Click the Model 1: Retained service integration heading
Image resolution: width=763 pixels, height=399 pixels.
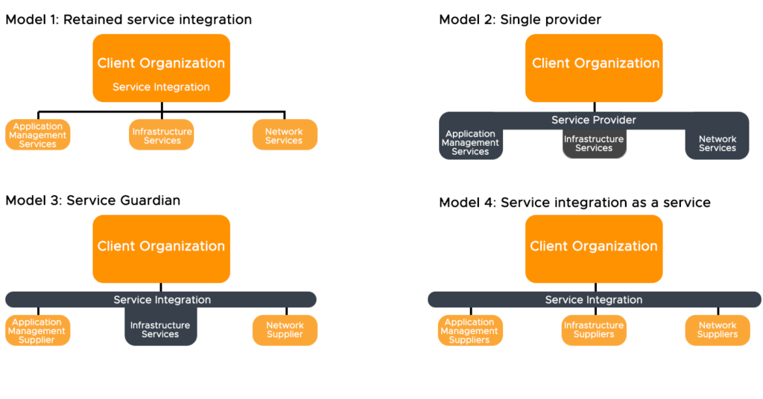(128, 19)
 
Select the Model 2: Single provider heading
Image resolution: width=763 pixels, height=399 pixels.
(521, 19)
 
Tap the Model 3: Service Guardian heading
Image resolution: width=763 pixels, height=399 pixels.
(92, 200)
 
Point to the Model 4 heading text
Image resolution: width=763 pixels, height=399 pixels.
(574, 202)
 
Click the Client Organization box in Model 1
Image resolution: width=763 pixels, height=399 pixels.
(161, 67)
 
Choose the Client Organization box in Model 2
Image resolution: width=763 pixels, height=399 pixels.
(595, 67)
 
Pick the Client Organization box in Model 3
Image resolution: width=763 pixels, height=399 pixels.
(161, 248)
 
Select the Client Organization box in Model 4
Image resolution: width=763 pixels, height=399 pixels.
(594, 248)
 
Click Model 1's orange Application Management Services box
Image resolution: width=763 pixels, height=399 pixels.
(38, 135)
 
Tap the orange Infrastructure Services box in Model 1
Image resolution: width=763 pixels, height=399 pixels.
(162, 135)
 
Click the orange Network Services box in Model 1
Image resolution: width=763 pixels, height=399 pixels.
(285, 135)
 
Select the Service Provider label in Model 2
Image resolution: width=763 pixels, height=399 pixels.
(594, 120)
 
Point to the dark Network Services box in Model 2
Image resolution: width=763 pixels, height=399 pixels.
(717, 144)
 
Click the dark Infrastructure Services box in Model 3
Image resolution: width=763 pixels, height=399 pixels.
(160, 329)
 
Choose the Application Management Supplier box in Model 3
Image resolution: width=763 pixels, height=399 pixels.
(38, 331)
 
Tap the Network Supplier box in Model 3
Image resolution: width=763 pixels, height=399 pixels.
(285, 330)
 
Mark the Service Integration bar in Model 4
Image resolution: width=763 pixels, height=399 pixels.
(594, 299)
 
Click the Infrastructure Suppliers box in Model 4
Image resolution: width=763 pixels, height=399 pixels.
(594, 330)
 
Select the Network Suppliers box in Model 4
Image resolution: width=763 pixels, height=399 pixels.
(717, 330)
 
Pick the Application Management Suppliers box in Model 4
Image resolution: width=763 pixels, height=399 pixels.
(470, 331)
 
